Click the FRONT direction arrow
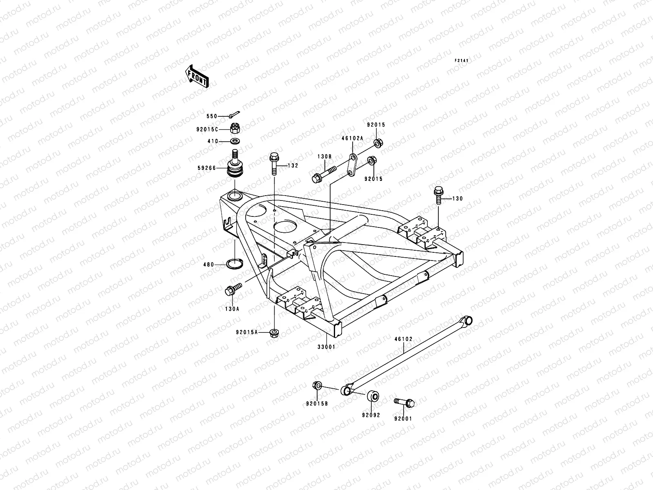tap(202, 76)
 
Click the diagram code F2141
tap(462, 60)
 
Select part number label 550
tap(212, 116)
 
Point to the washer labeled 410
tap(235, 141)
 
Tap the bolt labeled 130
tap(439, 196)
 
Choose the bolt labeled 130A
tap(233, 288)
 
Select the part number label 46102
tap(403, 339)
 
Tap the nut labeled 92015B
tap(317, 385)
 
